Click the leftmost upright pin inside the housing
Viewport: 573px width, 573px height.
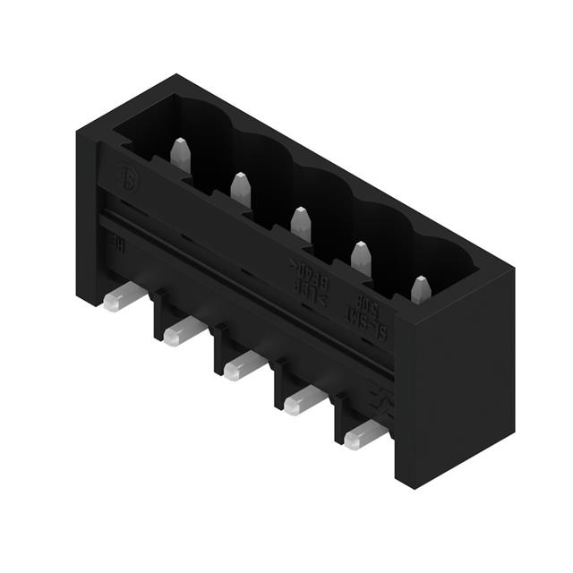click(x=180, y=156)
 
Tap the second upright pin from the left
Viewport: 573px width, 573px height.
click(x=240, y=190)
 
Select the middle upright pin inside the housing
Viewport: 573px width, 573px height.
click(x=301, y=223)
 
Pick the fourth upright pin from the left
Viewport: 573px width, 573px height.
click(x=361, y=258)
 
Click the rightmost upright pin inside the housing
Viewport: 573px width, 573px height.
click(x=420, y=289)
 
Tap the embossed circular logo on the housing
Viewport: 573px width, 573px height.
click(x=130, y=175)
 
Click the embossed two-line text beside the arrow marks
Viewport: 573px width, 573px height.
click(x=309, y=271)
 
